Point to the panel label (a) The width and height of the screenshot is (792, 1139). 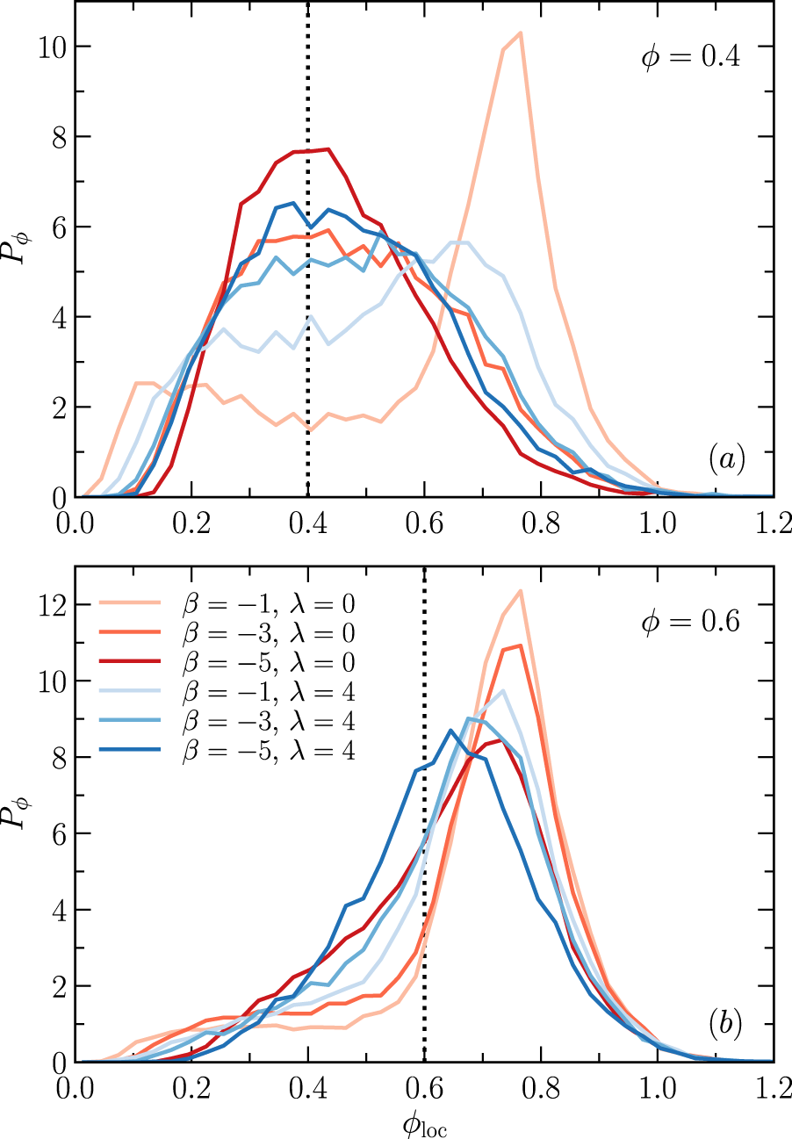727,458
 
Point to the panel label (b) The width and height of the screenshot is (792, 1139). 727,1023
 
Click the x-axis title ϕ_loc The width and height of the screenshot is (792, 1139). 425,1125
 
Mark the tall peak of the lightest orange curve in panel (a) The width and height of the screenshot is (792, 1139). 521,33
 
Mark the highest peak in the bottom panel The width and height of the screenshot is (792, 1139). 520,590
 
